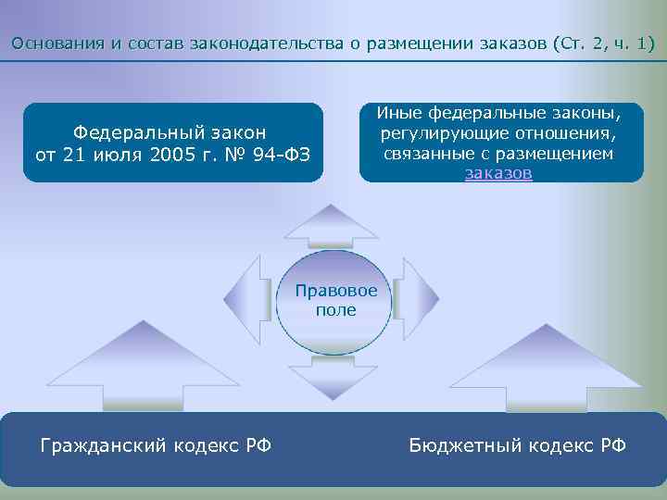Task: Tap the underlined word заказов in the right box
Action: click(498, 173)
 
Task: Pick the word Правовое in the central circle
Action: click(336, 291)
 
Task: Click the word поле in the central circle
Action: click(335, 310)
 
